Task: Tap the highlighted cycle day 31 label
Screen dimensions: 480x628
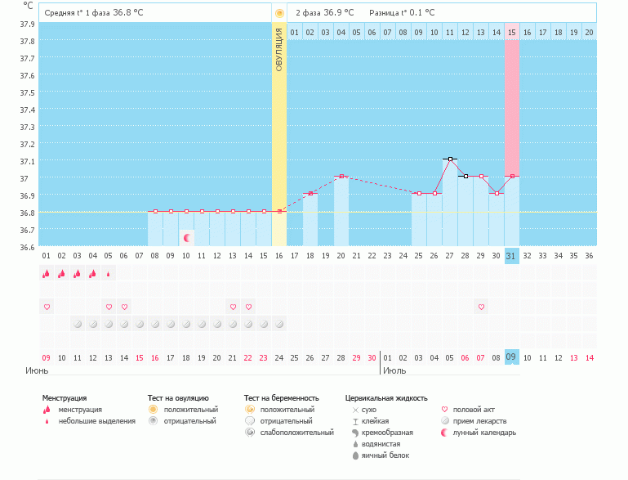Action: [512, 255]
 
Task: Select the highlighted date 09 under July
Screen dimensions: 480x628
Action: [512, 357]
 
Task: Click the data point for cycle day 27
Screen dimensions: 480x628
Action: [450, 159]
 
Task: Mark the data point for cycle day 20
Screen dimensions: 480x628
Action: [341, 176]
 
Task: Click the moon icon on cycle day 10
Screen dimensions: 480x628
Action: [187, 237]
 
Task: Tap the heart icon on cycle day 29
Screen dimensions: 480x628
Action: [481, 307]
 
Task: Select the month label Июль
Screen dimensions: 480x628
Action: [394, 370]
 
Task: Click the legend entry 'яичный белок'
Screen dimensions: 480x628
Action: [385, 455]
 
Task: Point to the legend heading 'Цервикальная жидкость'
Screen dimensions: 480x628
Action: [386, 398]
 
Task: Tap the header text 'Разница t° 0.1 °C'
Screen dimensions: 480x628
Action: [402, 13]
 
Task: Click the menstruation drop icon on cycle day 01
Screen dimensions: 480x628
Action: [47, 274]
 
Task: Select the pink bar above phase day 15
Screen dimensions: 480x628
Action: [512, 106]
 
